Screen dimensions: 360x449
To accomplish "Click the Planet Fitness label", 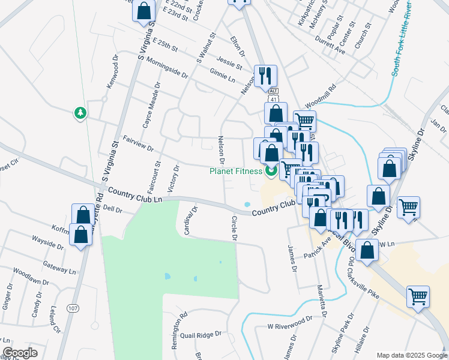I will (236, 171).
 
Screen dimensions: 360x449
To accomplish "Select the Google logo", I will (20, 353).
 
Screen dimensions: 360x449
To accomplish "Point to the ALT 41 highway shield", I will (273, 95).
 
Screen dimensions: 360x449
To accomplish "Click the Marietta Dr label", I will (322, 300).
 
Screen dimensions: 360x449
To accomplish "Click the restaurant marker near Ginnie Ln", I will (265, 76).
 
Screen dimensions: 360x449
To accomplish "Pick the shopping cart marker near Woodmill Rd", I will (304, 121).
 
